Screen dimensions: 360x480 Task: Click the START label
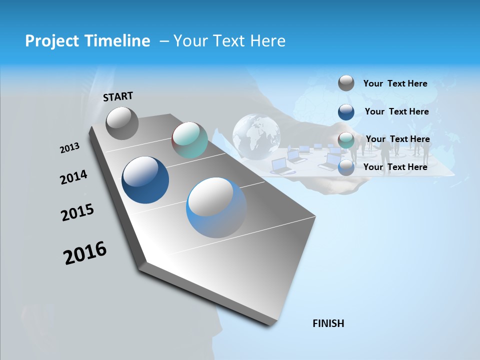pos(118,96)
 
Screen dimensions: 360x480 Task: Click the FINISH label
pos(328,323)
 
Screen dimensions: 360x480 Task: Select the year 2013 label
pos(69,148)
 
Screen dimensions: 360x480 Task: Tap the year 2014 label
pos(73,177)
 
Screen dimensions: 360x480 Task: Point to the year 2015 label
pos(77,212)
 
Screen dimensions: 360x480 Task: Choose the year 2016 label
pos(85,253)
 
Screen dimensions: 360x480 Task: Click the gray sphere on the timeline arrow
pos(122,123)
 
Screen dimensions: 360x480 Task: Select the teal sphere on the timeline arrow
pos(189,140)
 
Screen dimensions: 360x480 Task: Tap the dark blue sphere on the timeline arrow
pos(145,180)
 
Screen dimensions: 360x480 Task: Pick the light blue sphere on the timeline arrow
pos(216,207)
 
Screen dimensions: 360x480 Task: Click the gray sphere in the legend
pos(346,83)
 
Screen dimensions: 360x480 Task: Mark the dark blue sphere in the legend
pos(346,111)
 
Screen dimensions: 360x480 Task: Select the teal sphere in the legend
pos(346,139)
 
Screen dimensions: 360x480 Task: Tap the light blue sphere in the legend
pos(346,167)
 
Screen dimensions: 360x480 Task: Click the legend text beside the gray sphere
pos(395,83)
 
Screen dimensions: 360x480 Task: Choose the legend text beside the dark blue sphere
pos(396,111)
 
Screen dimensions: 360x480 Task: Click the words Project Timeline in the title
pos(87,41)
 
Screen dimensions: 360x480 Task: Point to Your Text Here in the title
pos(229,41)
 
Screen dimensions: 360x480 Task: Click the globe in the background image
pos(256,132)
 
